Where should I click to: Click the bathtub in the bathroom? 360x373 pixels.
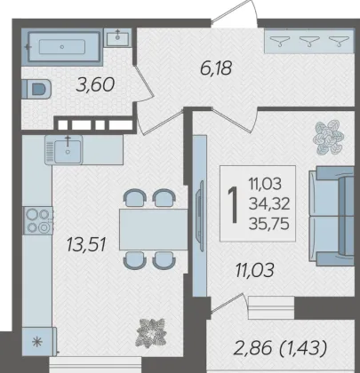[x=62, y=47]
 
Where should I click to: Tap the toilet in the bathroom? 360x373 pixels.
[x=36, y=88]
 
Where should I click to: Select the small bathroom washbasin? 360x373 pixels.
[x=117, y=37]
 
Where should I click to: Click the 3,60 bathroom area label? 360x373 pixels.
[x=95, y=85]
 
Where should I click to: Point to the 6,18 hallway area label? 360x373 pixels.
[x=216, y=68]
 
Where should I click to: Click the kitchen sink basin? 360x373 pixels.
[x=68, y=151]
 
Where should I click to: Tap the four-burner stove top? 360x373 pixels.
[x=38, y=220]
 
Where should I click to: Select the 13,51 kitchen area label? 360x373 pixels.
[x=86, y=245]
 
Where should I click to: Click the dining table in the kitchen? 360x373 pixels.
[x=153, y=229]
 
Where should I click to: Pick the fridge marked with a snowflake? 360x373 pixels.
[x=39, y=342]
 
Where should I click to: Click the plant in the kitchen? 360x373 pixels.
[x=150, y=332]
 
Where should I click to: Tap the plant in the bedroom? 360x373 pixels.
[x=328, y=137]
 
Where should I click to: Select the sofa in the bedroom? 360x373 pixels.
[x=332, y=216]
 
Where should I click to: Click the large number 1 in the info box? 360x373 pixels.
[x=233, y=204]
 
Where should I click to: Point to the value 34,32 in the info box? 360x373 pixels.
[x=269, y=203]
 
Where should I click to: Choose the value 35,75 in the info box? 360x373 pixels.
[x=269, y=224]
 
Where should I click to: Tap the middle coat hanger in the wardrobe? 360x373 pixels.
[x=309, y=41]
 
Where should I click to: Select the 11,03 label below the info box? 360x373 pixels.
[x=254, y=270]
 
